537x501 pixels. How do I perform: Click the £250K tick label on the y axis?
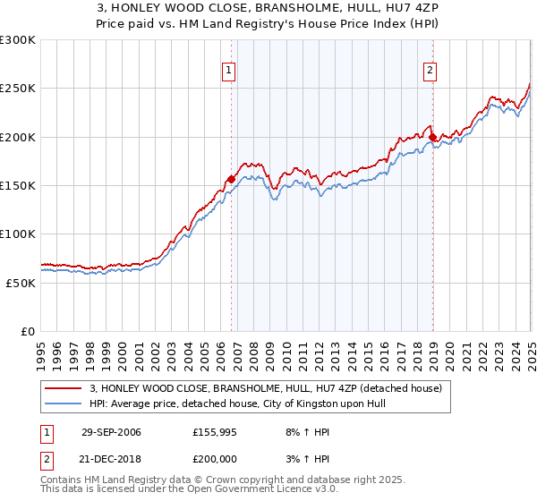coord(17,89)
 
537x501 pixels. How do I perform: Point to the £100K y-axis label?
coord(17,234)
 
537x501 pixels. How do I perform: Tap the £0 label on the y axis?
coord(27,331)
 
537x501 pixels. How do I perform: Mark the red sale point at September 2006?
coord(231,179)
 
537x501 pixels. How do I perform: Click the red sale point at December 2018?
coord(432,138)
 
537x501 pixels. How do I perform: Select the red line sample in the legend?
coord(64,388)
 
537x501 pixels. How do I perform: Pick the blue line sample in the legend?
coord(64,403)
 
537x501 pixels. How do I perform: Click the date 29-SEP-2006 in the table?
coord(111,431)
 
